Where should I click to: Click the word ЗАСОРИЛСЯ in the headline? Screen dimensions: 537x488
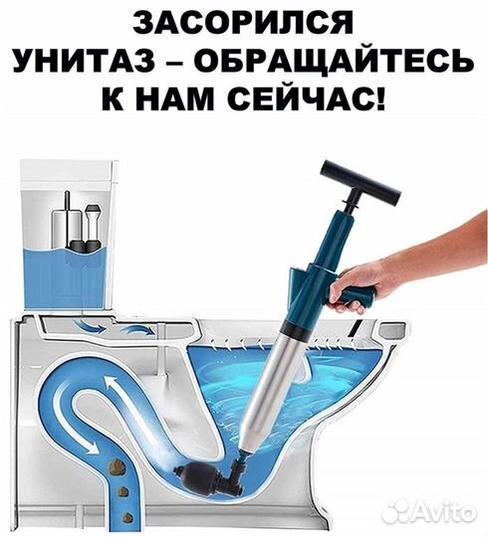pos(245,23)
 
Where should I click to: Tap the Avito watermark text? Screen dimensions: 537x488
pos(439,510)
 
